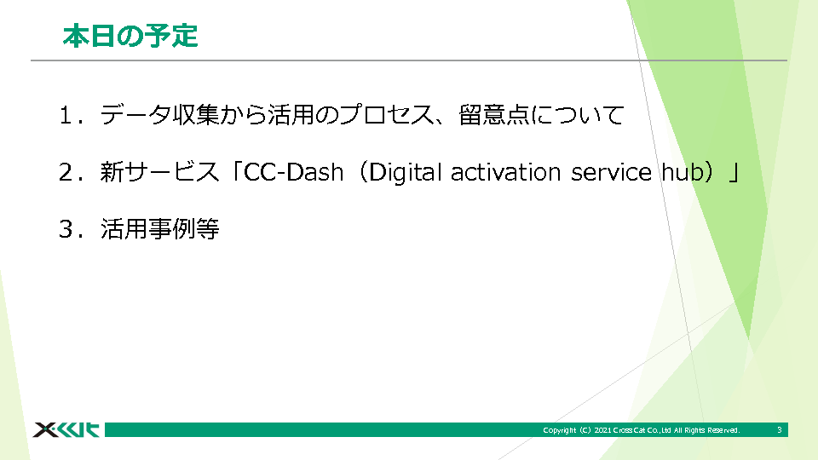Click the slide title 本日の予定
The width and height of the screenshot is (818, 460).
(130, 37)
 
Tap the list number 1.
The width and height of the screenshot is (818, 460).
(66, 116)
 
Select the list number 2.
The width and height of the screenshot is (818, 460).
(66, 173)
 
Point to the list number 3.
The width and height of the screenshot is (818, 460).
(66, 229)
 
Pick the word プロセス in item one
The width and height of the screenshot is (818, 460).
(387, 115)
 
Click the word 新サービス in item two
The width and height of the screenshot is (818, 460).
(159, 172)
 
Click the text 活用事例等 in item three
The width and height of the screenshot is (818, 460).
(159, 229)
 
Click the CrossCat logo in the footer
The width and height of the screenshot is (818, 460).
(66, 430)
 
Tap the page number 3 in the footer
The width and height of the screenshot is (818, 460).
(780, 430)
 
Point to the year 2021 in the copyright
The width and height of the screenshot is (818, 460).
(602, 430)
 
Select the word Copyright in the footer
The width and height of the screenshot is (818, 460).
(560, 431)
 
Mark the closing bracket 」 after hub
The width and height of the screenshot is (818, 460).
(734, 173)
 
